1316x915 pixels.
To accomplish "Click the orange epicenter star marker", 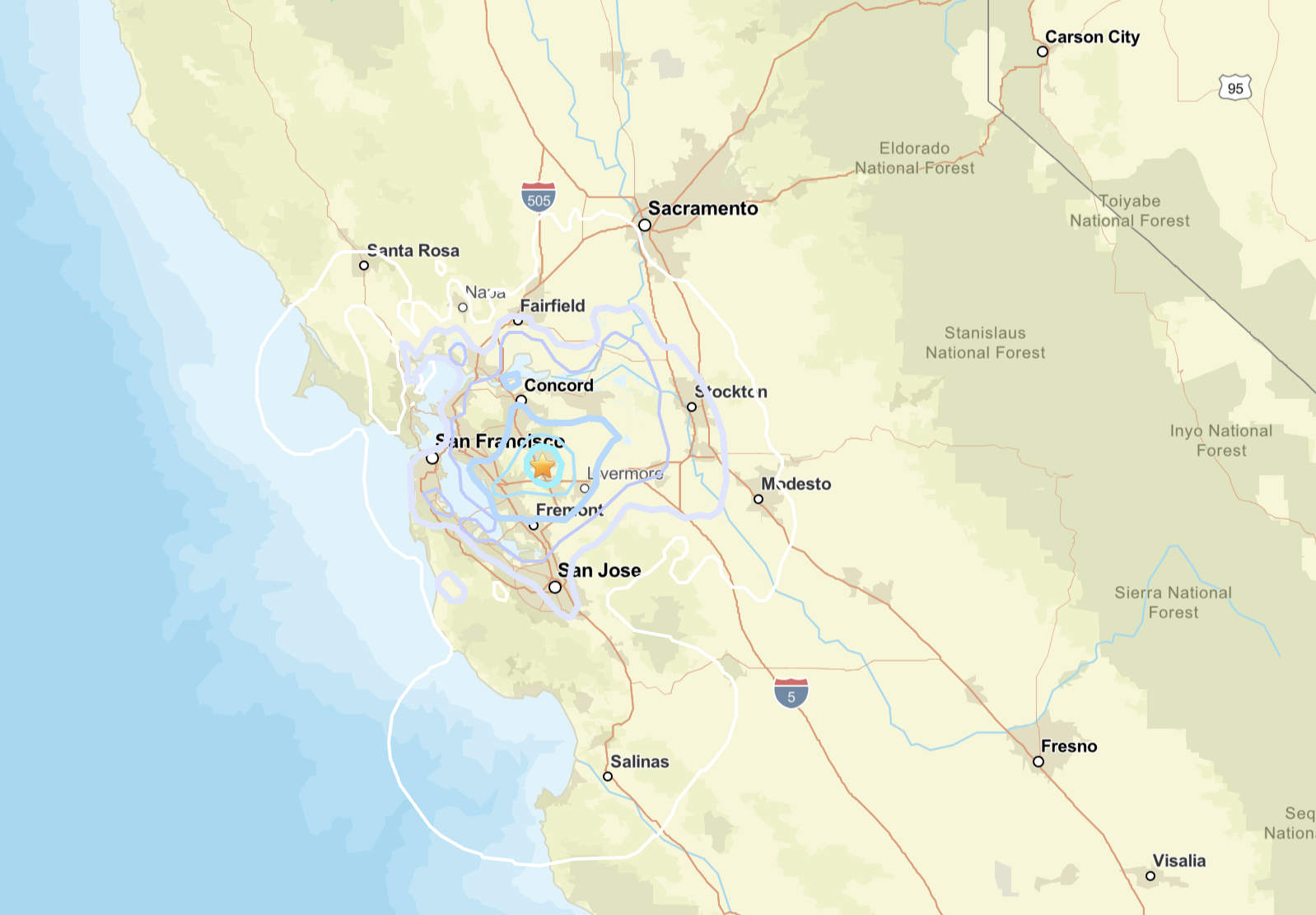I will coord(543,467).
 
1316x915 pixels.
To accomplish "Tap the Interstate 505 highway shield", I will coord(539,197).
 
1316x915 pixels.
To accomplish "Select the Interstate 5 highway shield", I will coord(791,694).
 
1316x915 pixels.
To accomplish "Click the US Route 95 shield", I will coord(1235,87).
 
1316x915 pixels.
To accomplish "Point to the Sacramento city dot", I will coord(645,225).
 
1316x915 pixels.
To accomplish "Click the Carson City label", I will coord(1092,37).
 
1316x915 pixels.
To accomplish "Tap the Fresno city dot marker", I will coord(1038,762).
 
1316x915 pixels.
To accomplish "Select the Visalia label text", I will coord(1178,861).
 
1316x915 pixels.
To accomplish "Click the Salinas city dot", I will coord(608,776).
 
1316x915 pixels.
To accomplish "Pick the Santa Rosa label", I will coord(413,250).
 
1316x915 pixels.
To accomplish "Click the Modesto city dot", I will coord(758,499).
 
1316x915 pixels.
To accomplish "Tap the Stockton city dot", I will coord(692,406).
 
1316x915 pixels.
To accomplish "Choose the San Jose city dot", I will coord(555,587).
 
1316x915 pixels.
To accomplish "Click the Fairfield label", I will coord(553,305).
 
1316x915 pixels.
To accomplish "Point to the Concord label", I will coord(558,385).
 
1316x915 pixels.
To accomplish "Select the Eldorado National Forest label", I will coord(914,158).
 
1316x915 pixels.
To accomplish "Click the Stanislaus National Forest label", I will coord(985,342).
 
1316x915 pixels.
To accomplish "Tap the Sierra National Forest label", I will coord(1173,602).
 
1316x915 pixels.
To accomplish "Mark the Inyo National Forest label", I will coord(1220,440).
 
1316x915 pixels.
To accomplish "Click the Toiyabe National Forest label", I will coord(1129,211).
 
